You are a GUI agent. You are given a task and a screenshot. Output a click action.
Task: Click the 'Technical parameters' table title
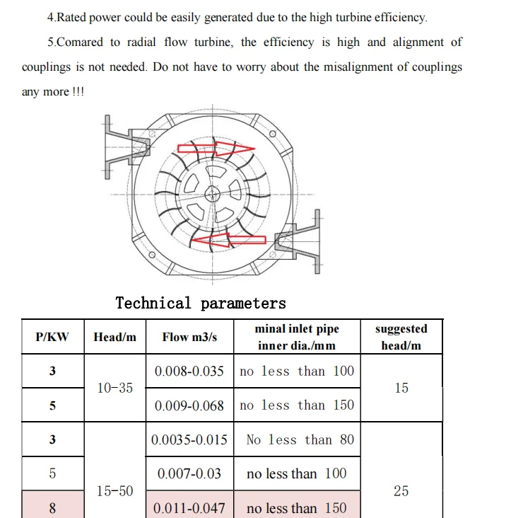[x=201, y=304]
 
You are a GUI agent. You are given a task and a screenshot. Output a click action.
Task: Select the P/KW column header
[x=52, y=337]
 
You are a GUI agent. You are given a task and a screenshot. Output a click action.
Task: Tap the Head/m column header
[x=114, y=337]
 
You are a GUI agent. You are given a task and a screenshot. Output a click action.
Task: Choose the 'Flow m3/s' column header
[x=189, y=337]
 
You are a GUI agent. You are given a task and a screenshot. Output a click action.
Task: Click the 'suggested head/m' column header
[x=401, y=337]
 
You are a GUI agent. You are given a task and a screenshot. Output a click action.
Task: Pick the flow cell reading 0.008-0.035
[x=189, y=372]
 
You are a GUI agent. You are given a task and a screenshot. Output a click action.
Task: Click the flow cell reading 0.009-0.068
[x=189, y=405]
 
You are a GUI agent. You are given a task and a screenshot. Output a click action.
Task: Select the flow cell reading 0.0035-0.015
[x=189, y=439]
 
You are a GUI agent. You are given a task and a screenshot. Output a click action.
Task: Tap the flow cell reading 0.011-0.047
[x=189, y=508]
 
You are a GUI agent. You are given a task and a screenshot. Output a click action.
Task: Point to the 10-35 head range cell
[x=114, y=388]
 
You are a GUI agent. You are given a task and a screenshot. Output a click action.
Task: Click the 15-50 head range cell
[x=114, y=490]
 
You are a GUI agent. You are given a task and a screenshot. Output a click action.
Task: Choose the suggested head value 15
[x=401, y=388]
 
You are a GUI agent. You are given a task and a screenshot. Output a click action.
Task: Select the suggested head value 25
[x=401, y=490]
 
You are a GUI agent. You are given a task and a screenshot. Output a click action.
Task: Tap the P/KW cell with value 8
[x=52, y=508]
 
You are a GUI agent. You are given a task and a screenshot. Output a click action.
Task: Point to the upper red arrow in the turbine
[x=215, y=149]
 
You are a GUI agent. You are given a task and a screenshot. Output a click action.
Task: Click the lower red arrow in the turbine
[x=224, y=241]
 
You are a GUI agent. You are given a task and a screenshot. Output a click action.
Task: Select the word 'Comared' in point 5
[x=79, y=42]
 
